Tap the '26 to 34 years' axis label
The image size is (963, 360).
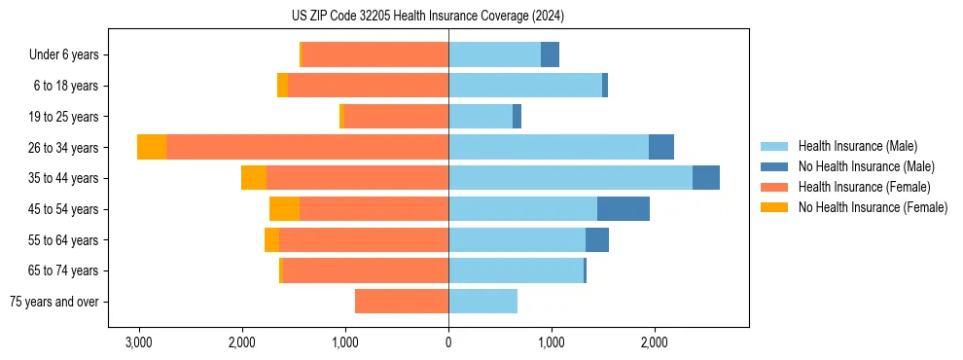click(x=63, y=148)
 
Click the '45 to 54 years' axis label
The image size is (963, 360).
click(x=63, y=209)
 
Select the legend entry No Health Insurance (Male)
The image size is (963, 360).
click(x=866, y=166)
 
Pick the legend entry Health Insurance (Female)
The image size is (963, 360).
click(x=864, y=187)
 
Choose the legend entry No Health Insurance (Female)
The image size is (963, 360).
click(x=873, y=207)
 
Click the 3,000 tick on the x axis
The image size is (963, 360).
click(x=139, y=342)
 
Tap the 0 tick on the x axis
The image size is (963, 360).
click(x=448, y=342)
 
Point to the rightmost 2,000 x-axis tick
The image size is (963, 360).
click(x=655, y=342)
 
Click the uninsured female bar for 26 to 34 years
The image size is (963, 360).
click(x=152, y=147)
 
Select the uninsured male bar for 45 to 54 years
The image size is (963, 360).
click(x=624, y=208)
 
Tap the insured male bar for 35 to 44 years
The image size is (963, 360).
click(x=570, y=178)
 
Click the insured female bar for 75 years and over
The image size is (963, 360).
click(x=402, y=302)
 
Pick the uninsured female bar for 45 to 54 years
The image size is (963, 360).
click(x=284, y=208)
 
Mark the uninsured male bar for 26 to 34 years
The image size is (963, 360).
click(x=661, y=147)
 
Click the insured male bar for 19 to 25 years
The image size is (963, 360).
click(x=481, y=117)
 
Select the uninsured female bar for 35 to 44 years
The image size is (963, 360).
click(x=254, y=178)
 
